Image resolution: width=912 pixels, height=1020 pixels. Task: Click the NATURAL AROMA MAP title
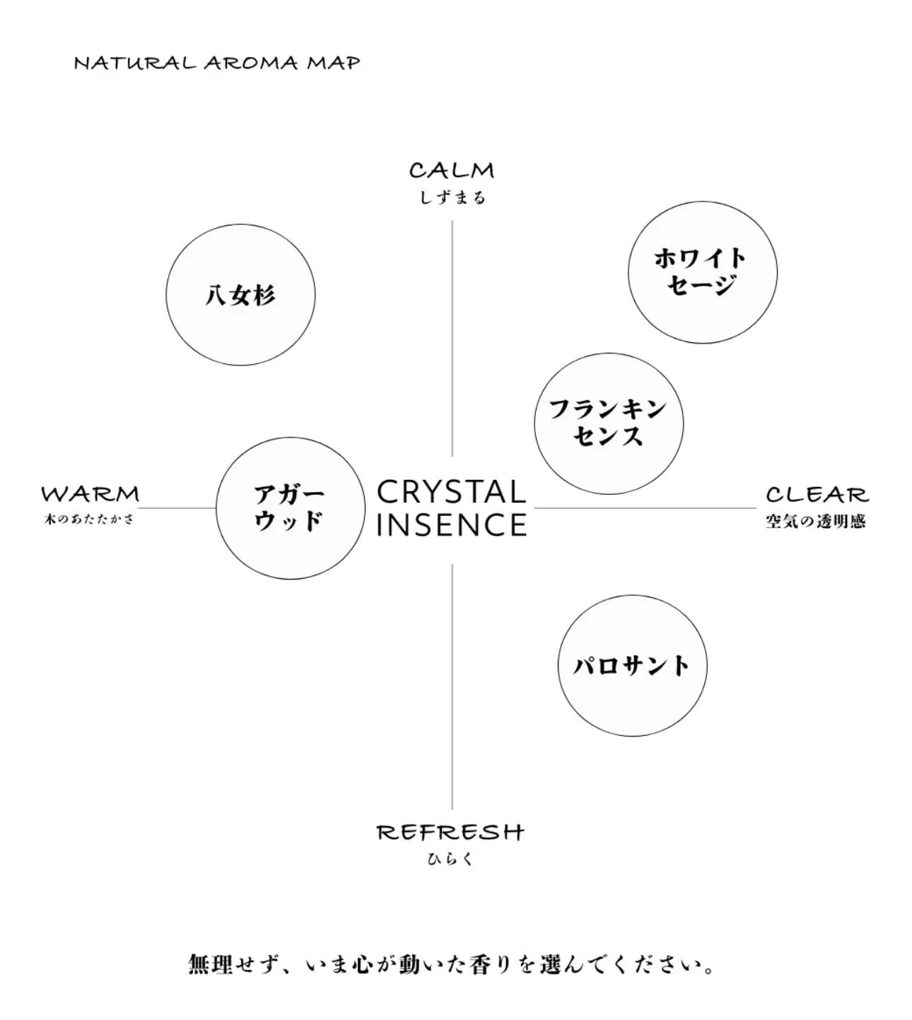pos(217,63)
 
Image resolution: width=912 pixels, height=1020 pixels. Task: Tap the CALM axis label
pos(452,170)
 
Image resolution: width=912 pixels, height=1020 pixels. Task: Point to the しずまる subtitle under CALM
pos(452,198)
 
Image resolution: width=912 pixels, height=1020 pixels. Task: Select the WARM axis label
pos(90,493)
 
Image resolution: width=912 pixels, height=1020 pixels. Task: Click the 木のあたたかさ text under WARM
pos(89,520)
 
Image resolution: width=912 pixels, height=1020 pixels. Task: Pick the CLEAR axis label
pos(817,494)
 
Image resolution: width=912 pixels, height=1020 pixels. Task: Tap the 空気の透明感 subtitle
pos(816,522)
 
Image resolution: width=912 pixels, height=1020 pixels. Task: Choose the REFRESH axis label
pos(450,832)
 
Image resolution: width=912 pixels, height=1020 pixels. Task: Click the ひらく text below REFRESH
pos(450,860)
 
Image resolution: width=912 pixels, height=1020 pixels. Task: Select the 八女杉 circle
pos(240,294)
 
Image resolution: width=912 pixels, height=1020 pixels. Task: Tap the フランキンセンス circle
pos(609,423)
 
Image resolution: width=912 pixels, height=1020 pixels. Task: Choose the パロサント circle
pos(632,665)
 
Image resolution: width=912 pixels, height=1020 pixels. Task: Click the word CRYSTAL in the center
pos(452,492)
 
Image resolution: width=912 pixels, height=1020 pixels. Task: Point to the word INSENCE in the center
pos(452,525)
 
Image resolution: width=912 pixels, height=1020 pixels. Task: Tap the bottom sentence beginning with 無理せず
pos(452,964)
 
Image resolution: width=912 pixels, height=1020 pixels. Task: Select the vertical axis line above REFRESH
pos(452,686)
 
